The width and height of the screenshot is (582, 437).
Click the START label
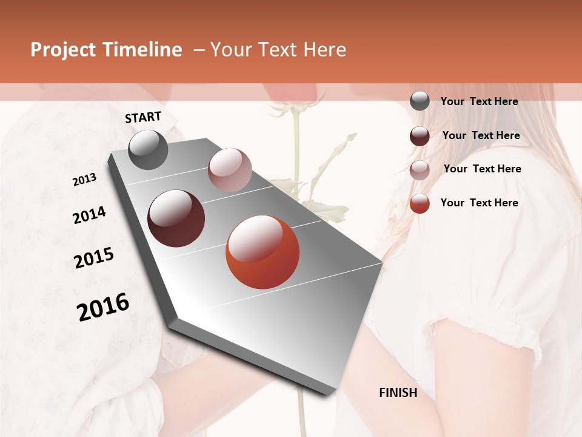click(x=143, y=117)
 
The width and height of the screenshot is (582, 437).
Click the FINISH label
click(x=398, y=393)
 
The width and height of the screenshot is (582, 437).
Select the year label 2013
click(x=84, y=180)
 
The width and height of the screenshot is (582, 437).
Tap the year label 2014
click(x=89, y=215)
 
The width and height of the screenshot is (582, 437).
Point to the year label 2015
click(x=94, y=259)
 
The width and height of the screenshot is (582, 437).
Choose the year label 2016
click(x=103, y=307)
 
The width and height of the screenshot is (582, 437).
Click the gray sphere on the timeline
click(x=148, y=149)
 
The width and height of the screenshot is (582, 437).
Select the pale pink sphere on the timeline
click(x=230, y=170)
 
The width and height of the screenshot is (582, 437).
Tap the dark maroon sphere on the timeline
click(x=176, y=218)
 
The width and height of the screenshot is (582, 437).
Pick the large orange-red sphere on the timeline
click(x=263, y=252)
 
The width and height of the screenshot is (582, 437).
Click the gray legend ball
click(x=420, y=101)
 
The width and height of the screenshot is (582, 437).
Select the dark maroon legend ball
click(x=420, y=136)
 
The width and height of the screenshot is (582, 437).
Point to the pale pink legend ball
click(x=420, y=170)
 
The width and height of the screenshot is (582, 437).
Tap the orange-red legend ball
click(x=420, y=203)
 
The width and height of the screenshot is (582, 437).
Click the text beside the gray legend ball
click(x=479, y=101)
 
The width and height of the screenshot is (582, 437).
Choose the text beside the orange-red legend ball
click(x=479, y=203)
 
